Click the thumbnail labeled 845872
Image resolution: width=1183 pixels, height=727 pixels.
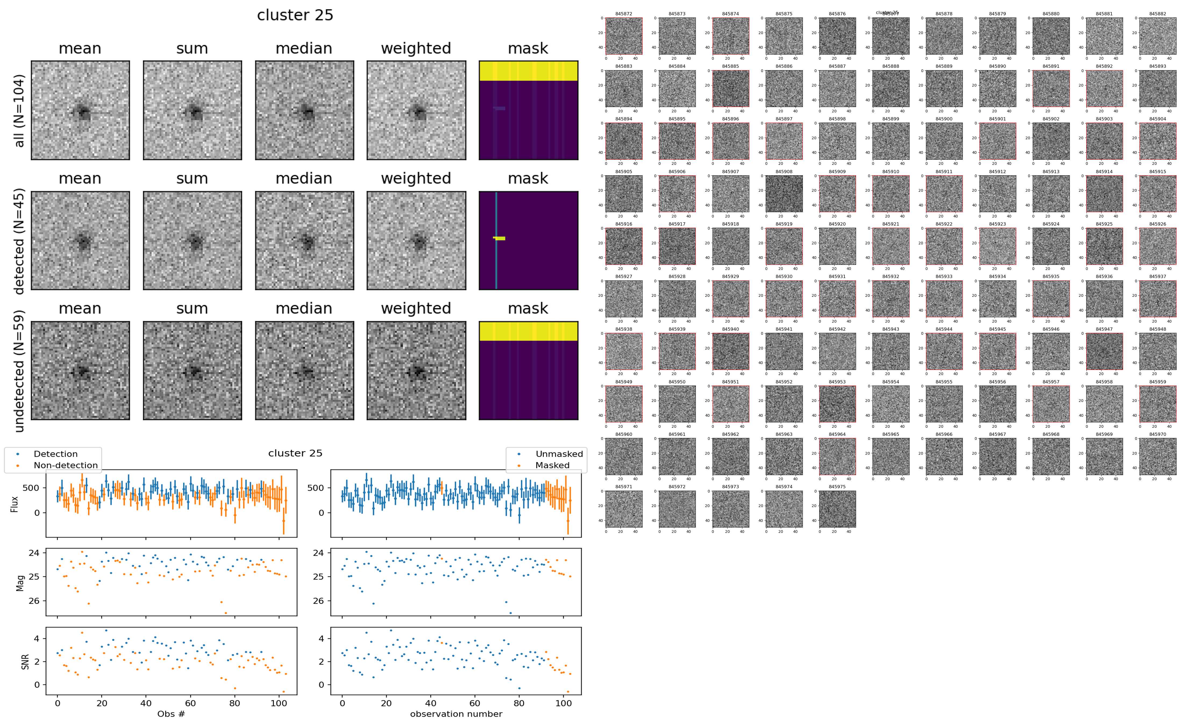pyautogui.click(x=623, y=36)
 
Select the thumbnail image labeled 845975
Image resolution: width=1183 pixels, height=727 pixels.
pyautogui.click(x=837, y=509)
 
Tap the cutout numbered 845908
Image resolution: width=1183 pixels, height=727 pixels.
pyautogui.click(x=783, y=194)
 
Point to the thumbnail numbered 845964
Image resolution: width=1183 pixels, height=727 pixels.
pyautogui.click(x=837, y=456)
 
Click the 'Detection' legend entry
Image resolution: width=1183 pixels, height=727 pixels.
pyautogui.click(x=55, y=454)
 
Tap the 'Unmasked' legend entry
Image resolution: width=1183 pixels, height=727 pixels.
pyautogui.click(x=559, y=454)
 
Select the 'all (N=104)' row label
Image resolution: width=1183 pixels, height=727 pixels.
pyautogui.click(x=19, y=111)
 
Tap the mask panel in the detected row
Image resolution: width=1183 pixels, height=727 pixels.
pyautogui.click(x=528, y=240)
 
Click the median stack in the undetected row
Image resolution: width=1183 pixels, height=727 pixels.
pyautogui.click(x=304, y=371)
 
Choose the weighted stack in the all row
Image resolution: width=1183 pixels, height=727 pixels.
pyautogui.click(x=416, y=110)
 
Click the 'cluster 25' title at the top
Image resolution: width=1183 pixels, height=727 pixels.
pyautogui.click(x=295, y=15)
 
